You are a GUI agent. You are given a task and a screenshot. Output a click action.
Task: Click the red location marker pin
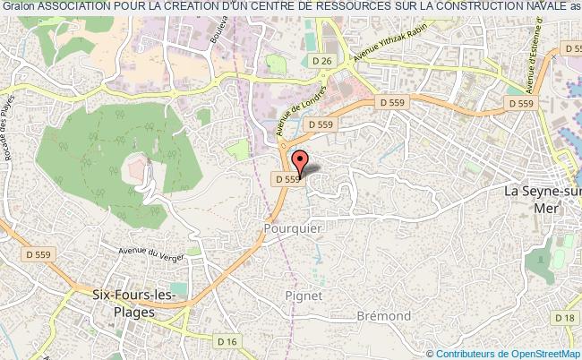coord(301,162)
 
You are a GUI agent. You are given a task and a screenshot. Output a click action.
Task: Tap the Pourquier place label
coord(293,228)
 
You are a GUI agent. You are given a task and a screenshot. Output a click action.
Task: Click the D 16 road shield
coord(228,340)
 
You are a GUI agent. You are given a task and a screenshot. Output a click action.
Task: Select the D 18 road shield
coord(564,319)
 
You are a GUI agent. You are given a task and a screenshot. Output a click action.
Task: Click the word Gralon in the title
coord(18,7)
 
